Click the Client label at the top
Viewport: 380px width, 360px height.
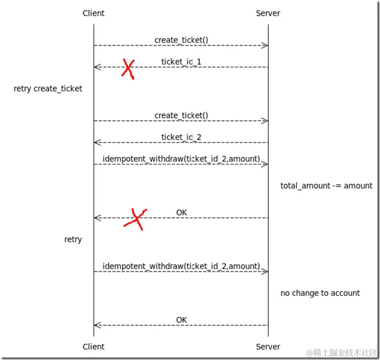coord(93,13)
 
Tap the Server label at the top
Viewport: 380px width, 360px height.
coord(268,13)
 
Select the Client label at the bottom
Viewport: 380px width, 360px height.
coord(93,346)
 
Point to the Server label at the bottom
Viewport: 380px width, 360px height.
coord(268,346)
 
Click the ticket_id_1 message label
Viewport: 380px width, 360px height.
coord(181,62)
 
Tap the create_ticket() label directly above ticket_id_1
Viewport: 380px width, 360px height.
coord(181,40)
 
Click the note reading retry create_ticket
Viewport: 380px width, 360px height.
coord(48,88)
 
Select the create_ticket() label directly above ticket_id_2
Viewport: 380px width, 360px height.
coord(181,115)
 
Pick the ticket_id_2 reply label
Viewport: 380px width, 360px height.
coord(181,137)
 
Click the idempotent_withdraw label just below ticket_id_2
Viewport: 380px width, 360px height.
coord(181,159)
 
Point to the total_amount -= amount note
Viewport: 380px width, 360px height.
coord(326,186)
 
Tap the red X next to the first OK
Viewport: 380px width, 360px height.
coord(135,219)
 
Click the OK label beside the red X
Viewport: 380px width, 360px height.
coord(181,212)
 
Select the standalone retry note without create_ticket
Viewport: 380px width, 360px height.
coord(73,239)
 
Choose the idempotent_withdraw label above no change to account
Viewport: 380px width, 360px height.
coord(181,266)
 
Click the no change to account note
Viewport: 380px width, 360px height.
coord(320,293)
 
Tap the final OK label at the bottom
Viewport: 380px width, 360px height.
coord(181,320)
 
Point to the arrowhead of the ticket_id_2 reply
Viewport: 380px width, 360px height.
coord(96,143)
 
